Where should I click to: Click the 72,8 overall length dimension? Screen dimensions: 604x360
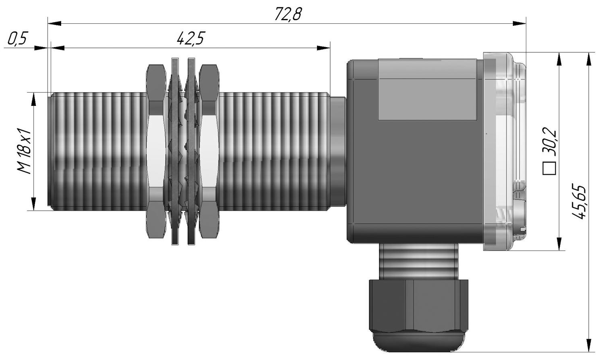tap(288, 14)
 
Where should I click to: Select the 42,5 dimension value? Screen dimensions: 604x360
tap(191, 39)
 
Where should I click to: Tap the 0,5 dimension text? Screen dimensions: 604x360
tap(18, 39)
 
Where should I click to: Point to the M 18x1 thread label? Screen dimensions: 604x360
tap(25, 151)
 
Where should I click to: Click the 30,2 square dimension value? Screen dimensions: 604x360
tap(549, 142)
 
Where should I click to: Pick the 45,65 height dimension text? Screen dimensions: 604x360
tap(579, 202)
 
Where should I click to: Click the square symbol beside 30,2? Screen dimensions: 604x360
tap(549, 169)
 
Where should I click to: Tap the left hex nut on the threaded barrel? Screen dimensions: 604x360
tap(156, 151)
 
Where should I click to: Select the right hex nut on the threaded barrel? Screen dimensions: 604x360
tap(209, 151)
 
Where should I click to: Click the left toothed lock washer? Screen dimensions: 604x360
tap(175, 151)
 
